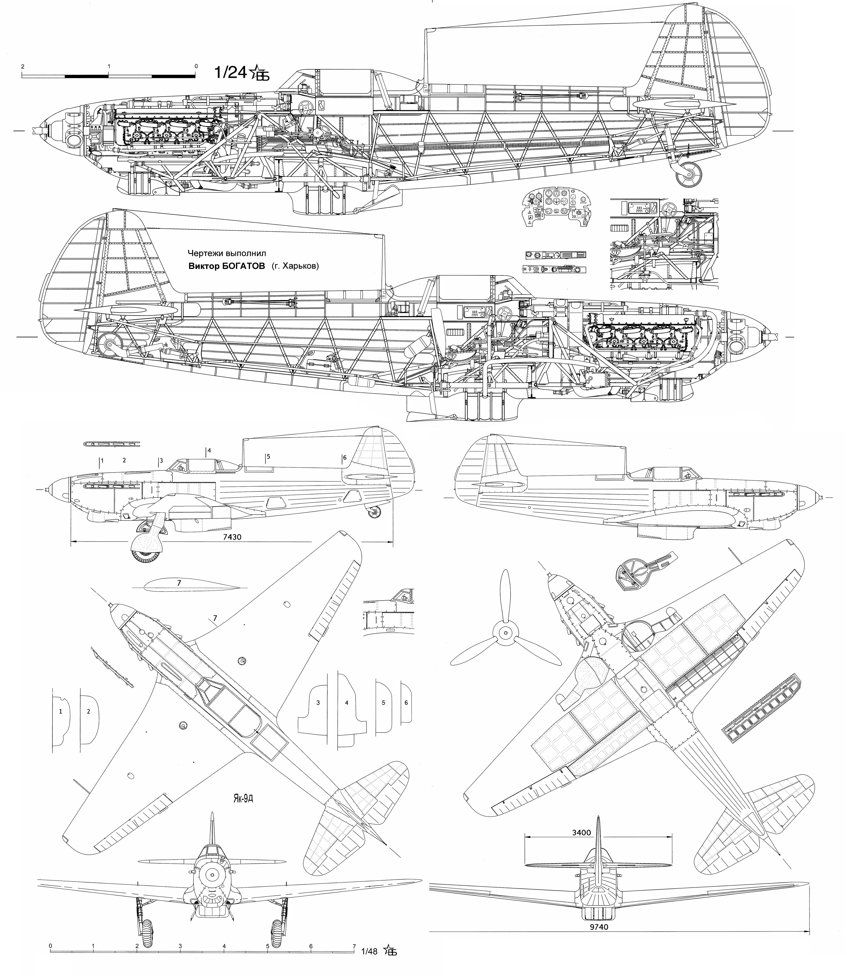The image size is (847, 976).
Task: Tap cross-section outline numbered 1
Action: [61, 724]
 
